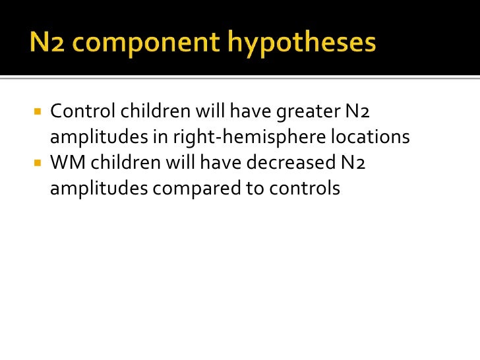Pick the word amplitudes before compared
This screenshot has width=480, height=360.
(98, 189)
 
